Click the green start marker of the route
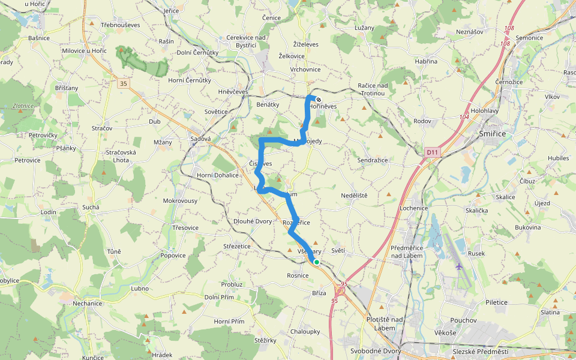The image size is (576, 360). pos(316,262)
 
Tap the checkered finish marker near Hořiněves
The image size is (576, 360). pos(318,100)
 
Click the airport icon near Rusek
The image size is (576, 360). pos(459,266)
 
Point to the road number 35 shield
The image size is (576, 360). pos(123,83)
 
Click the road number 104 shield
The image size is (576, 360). pos(464,118)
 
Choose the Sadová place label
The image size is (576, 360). pos(200,139)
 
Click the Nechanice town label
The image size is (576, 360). pos(88,303)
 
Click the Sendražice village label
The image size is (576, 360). pos(373,161)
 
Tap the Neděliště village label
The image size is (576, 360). pos(354,196)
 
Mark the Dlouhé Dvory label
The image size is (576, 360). pos(253,221)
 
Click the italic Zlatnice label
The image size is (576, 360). pos(23,106)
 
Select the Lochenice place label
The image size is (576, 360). pos(414,208)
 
